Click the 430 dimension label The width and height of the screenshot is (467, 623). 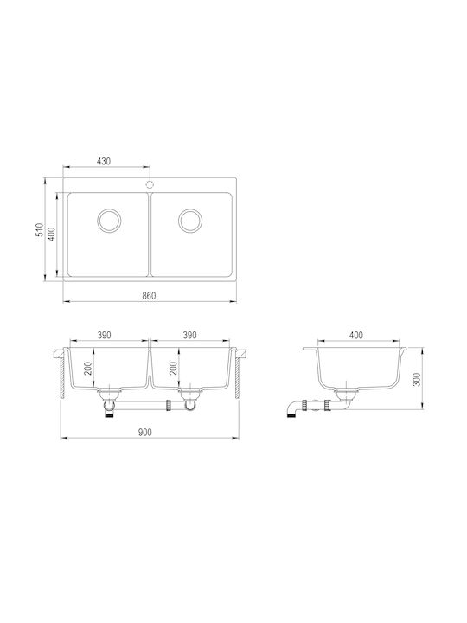coord(103,161)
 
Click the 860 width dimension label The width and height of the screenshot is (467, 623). coord(149,296)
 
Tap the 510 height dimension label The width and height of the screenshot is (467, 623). coord(40,229)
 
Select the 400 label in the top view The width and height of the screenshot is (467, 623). coord(52,234)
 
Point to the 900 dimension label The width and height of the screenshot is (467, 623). coord(145,433)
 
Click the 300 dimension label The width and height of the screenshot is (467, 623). coord(416,380)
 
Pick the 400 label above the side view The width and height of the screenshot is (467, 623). coord(355,336)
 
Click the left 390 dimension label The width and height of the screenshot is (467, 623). coord(104,336)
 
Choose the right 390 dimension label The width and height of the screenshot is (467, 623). coord(189,336)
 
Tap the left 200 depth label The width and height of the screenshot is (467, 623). coord(88,369)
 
